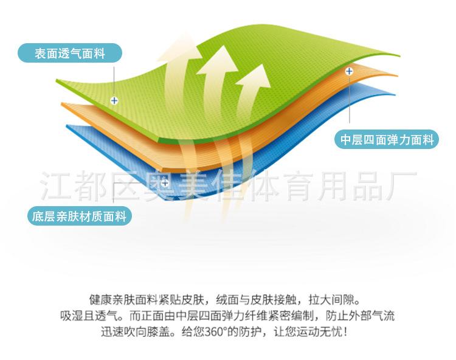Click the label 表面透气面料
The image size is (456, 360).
70,53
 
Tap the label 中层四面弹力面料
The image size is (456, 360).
387,139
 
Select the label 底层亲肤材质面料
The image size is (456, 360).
80,216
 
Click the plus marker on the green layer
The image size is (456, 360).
114,100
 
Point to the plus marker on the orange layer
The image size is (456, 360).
349,71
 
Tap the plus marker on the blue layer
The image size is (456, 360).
165,183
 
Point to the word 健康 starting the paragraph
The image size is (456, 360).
100,300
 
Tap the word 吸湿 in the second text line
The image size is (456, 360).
72,316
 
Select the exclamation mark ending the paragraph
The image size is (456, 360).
345,331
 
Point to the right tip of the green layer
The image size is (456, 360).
400,55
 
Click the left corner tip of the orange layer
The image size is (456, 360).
61,103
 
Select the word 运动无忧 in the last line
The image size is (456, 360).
320,331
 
